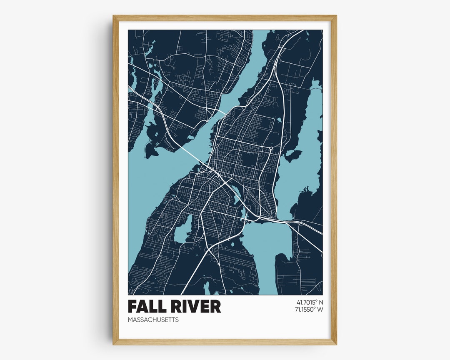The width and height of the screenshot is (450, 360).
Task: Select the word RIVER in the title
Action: [195, 307]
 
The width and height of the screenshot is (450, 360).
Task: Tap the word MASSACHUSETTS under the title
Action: [153, 320]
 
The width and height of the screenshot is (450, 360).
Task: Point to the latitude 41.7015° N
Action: [310, 302]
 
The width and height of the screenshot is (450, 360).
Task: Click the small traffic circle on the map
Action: [271, 148]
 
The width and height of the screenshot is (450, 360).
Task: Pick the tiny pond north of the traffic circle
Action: [279, 120]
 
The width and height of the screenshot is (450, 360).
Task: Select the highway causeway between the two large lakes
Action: [287, 221]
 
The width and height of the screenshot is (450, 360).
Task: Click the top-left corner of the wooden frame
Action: [113, 16]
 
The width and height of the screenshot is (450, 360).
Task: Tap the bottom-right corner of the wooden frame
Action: [336, 344]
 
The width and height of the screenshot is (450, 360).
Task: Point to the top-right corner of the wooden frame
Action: [336, 16]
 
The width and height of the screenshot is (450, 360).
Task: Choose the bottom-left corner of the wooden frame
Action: [113, 344]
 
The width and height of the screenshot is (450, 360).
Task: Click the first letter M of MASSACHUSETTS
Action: [130, 320]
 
